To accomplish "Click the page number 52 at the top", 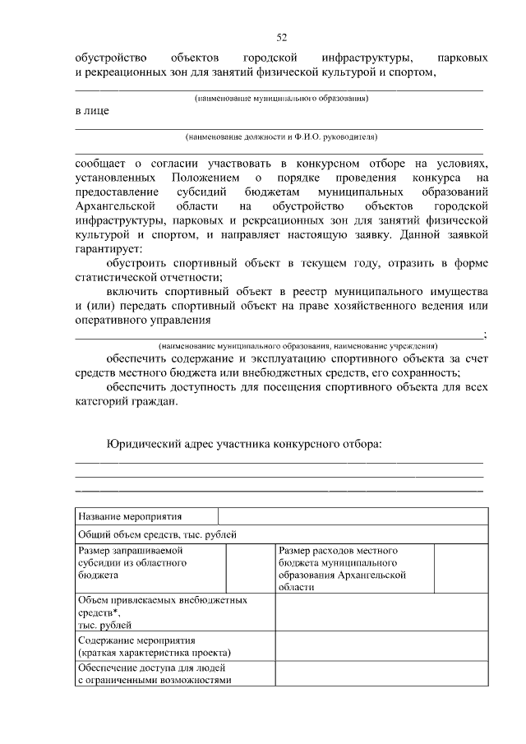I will pos(281,38).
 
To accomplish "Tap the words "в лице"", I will pos(91,110).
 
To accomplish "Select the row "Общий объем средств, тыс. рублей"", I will pos(157,534).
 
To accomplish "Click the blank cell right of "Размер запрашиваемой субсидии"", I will pos(249,567).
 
